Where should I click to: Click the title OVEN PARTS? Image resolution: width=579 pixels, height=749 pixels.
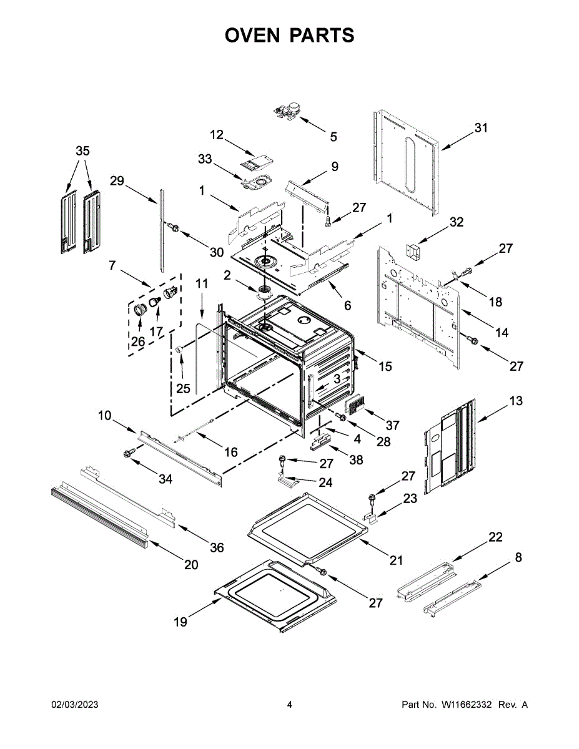click(x=289, y=36)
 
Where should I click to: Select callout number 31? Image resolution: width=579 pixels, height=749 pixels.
click(x=481, y=128)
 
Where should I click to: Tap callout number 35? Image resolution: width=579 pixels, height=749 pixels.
click(x=82, y=151)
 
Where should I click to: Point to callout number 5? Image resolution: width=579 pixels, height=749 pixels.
click(x=334, y=136)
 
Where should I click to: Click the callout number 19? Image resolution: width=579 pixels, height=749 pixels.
click(x=180, y=622)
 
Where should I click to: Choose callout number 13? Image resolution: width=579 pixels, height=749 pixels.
click(x=516, y=401)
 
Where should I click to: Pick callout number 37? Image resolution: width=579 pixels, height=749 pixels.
click(x=392, y=426)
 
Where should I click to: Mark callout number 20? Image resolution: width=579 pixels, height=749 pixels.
click(x=191, y=565)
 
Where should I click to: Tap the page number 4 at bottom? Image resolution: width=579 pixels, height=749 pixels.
click(x=289, y=705)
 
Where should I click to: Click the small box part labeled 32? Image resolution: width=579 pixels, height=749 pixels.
click(x=413, y=253)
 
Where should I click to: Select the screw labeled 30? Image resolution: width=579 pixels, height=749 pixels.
click(x=174, y=228)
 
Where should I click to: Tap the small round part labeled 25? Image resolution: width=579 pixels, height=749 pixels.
click(x=179, y=350)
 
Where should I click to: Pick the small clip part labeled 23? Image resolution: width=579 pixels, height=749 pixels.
click(x=371, y=517)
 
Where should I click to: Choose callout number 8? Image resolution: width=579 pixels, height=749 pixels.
click(x=518, y=557)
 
